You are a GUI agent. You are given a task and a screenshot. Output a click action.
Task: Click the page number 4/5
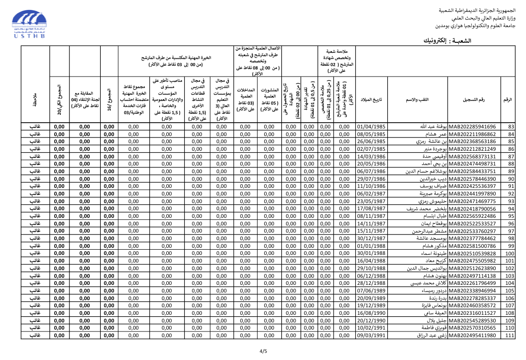[263, 351]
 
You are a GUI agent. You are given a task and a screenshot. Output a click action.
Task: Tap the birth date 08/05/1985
[371, 134]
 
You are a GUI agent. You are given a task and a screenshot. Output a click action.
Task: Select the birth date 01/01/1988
[371, 246]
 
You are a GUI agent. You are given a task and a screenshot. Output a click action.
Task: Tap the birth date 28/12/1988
[371, 283]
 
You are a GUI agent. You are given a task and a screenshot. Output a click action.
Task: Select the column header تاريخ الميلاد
[371, 99]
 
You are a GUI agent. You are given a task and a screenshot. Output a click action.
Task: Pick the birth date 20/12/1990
[371, 321]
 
